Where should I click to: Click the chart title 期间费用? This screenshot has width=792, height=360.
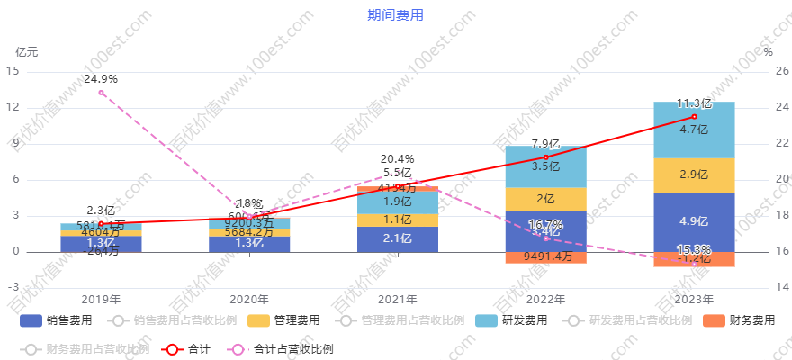[x=395, y=14]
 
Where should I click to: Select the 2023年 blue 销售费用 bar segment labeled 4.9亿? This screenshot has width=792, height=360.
[x=694, y=221]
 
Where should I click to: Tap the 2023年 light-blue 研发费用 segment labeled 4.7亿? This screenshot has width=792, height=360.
[x=694, y=130]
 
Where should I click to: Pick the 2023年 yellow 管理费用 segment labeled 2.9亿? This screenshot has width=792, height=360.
[x=694, y=175]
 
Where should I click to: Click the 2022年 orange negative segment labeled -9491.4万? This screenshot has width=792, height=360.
[x=545, y=257]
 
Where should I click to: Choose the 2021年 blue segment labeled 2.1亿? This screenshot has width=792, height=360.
[x=397, y=238]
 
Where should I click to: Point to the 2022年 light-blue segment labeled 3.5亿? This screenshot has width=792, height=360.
[x=545, y=166]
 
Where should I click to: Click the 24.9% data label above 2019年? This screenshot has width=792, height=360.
[x=101, y=79]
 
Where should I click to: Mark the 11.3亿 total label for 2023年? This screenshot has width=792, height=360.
[x=694, y=103]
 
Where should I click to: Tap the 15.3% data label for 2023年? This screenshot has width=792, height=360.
[x=694, y=250]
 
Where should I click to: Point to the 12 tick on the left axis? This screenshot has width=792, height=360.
[x=13, y=108]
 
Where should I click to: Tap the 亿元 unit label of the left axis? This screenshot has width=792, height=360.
[x=27, y=52]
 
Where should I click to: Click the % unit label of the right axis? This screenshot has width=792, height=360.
[x=768, y=52]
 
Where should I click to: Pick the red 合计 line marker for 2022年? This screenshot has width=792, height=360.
[x=545, y=157]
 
